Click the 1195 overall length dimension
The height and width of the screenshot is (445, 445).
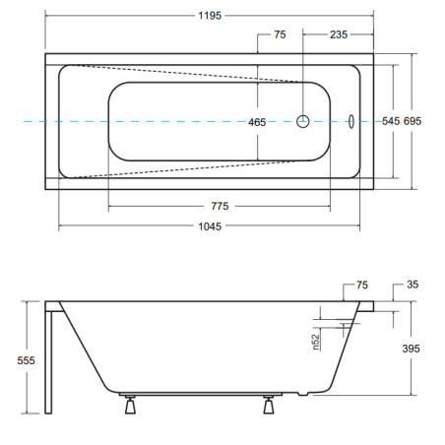point(210,16)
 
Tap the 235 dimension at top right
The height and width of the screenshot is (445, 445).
point(339,34)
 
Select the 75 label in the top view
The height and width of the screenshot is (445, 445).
point(280,34)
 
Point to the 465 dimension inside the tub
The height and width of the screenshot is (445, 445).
point(257,122)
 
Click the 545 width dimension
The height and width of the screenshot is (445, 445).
point(391,121)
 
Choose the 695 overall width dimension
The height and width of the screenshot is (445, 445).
point(413,121)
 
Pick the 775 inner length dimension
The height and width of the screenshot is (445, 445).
point(220,206)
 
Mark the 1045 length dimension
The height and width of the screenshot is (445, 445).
point(210,226)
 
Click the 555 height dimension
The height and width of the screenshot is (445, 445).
point(26,360)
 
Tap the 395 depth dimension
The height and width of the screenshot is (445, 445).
point(411,349)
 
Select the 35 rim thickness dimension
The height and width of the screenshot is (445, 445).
point(413,285)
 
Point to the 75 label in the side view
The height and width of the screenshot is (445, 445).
point(362,285)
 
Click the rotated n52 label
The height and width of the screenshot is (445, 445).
point(316,342)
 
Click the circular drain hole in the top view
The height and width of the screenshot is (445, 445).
point(302,121)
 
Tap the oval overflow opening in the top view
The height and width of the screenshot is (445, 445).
point(351,121)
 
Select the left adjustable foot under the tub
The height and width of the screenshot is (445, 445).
point(130,405)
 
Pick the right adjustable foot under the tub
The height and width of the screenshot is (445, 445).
point(269,405)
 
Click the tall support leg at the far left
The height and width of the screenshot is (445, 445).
point(48,362)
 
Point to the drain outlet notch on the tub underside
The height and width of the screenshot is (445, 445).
point(303,394)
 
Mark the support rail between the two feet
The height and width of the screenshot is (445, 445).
point(201,394)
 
